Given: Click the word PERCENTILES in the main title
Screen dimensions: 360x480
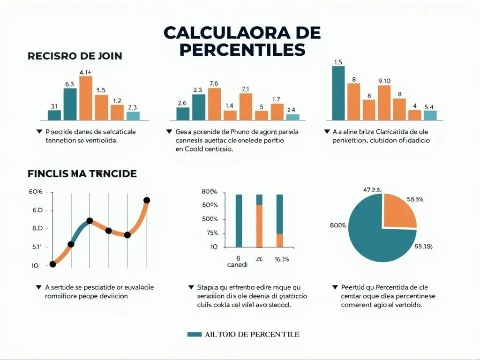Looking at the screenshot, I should click(x=242, y=49).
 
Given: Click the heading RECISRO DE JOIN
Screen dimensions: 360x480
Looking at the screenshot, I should click(x=75, y=56).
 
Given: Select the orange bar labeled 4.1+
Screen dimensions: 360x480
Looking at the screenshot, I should click(x=86, y=97).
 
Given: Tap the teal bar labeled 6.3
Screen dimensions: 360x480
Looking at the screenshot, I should click(x=70, y=104).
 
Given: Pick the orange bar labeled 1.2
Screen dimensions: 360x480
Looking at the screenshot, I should click(x=117, y=112).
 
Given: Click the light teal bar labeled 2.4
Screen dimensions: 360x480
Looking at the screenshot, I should click(x=292, y=117).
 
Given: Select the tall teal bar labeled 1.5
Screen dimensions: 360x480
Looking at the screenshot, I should click(x=338, y=93).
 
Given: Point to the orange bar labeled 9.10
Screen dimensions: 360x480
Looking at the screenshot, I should click(x=384, y=103).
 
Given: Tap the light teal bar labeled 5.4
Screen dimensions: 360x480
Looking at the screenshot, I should click(x=430, y=115).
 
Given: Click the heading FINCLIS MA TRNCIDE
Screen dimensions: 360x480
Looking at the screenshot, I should click(x=82, y=173).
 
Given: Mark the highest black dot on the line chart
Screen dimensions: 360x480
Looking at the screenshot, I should click(x=146, y=200).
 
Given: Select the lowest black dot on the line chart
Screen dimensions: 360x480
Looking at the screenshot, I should click(x=52, y=264).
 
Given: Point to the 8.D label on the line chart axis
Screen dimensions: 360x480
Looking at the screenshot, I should click(x=37, y=228).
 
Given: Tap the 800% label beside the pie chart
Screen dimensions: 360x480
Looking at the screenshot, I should click(x=338, y=225).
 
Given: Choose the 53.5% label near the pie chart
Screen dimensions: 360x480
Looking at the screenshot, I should click(x=415, y=199).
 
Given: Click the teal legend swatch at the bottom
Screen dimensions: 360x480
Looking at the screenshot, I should click(x=194, y=335).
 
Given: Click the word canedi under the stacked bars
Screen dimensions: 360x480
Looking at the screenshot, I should click(x=237, y=264).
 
